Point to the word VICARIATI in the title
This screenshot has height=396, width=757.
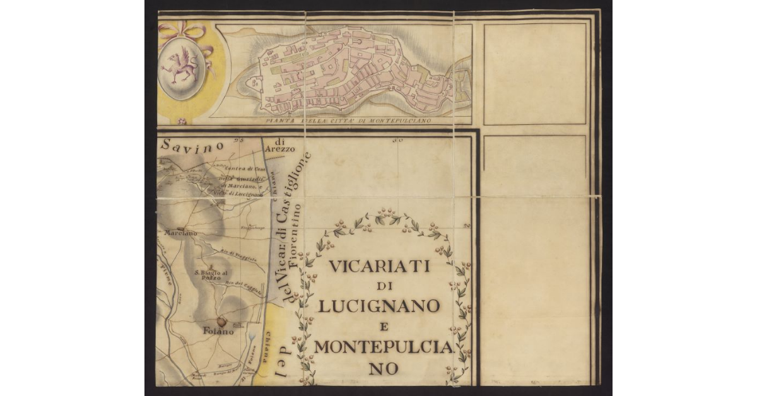[379, 267]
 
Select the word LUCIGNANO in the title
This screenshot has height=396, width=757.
[379, 306]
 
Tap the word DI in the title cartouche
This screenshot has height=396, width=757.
[380, 287]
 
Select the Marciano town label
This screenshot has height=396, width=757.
[180, 233]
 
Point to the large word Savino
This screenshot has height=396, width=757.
[192, 144]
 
